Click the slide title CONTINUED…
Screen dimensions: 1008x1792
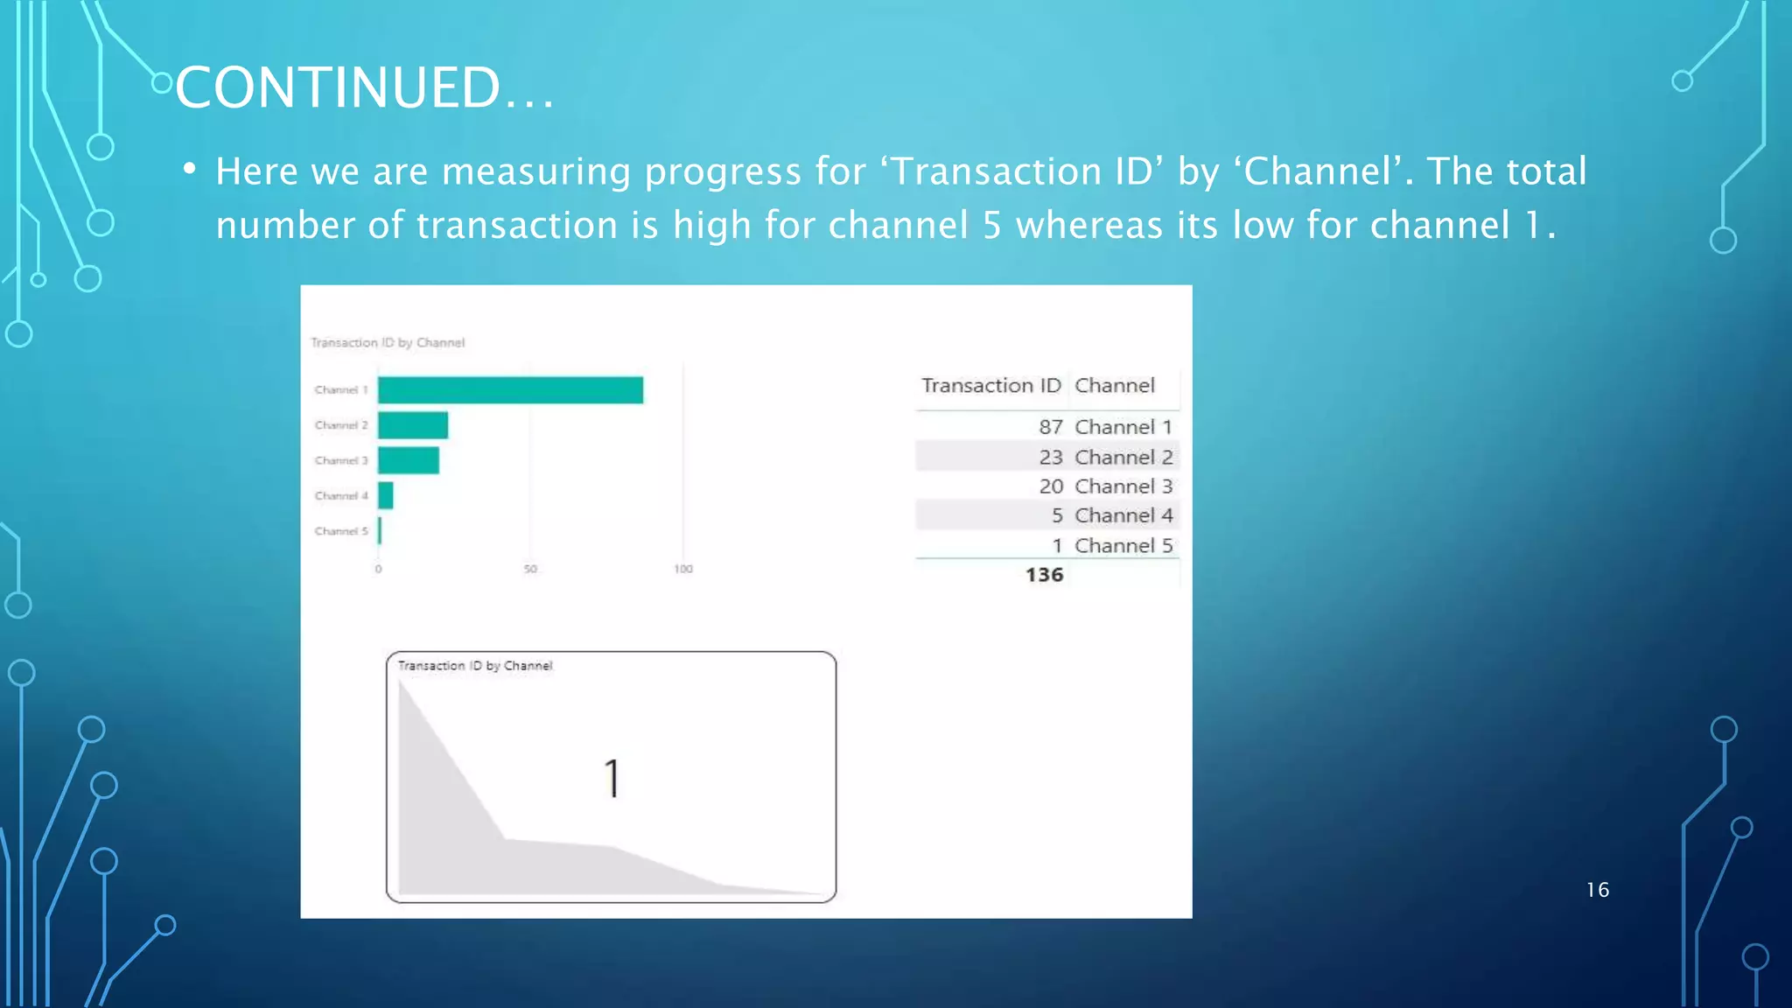pos(364,87)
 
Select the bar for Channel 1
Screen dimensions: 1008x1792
pos(510,390)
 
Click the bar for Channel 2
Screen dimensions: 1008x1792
pos(413,425)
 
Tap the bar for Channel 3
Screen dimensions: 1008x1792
pos(409,460)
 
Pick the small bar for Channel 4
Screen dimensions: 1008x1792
pos(386,495)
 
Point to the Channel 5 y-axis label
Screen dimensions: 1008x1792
pos(341,531)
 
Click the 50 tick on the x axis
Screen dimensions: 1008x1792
pos(530,570)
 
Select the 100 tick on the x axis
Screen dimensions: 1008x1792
pos(683,570)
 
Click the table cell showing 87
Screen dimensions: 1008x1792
pos(1050,427)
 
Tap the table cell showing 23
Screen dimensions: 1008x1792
pos(1050,457)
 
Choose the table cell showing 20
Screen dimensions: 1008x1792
pos(1050,486)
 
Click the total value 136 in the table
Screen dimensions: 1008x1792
pos(1044,575)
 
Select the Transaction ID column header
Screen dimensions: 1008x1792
pos(990,386)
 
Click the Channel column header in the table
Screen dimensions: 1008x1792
pos(1115,386)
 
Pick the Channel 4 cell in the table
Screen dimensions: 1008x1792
pos(1123,515)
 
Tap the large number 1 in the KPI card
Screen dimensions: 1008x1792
pos(612,778)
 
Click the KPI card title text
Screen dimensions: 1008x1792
pos(475,666)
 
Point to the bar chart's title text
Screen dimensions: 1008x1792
pos(388,343)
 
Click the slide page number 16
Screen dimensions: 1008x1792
pos(1597,890)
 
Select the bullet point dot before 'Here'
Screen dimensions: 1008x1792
pos(189,169)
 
